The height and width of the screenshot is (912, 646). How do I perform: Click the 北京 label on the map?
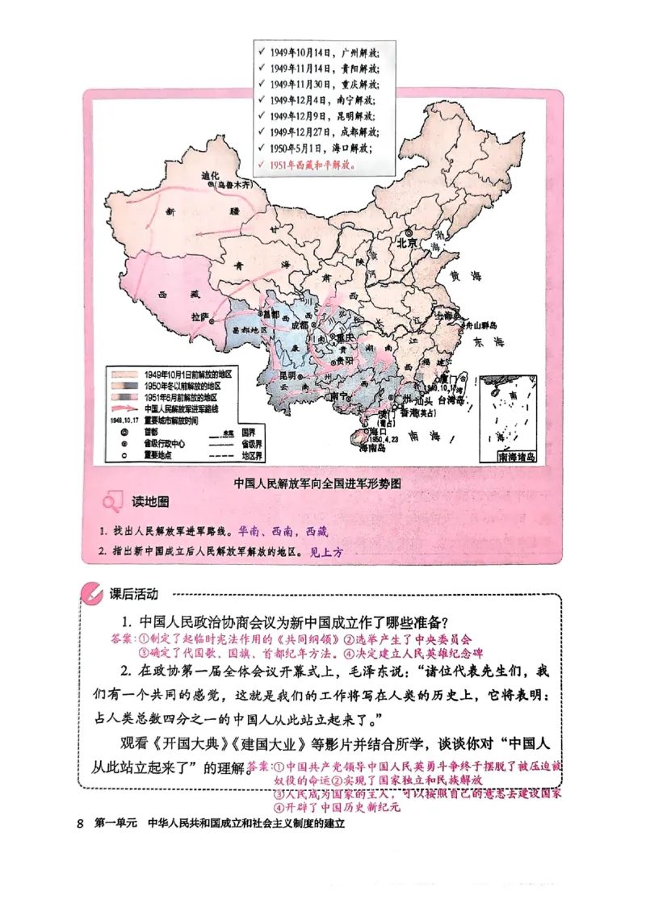405,241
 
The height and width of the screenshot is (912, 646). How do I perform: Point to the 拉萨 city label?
200,316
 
